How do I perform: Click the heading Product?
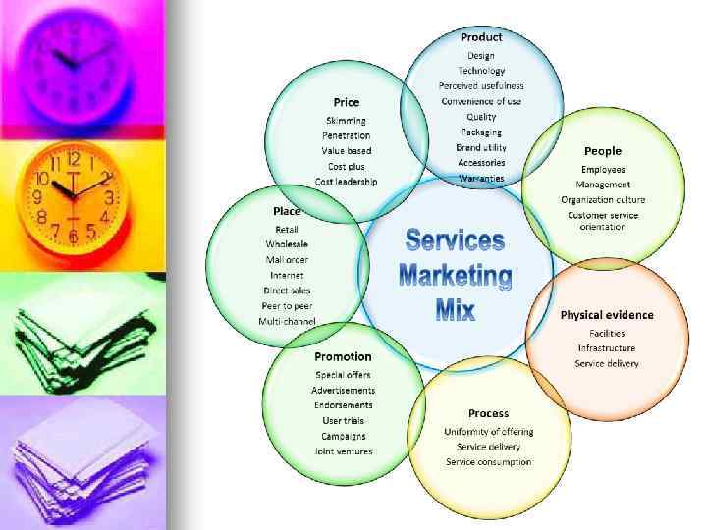tap(481, 37)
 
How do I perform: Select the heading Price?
tap(347, 102)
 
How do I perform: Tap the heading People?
tap(603, 151)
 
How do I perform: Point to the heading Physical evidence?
tap(607, 315)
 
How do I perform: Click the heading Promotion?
tap(343, 356)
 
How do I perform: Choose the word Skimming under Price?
tap(346, 121)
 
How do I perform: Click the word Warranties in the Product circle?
tap(481, 178)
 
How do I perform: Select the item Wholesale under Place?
tap(287, 244)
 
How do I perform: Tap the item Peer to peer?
tap(287, 305)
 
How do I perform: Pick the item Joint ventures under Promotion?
tap(344, 451)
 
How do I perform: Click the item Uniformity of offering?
tap(489, 432)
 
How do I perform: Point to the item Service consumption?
tap(489, 462)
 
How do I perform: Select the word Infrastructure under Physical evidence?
tap(607, 348)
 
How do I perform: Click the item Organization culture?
tap(603, 200)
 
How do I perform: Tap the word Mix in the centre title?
tap(456, 313)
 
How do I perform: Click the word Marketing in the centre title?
tap(456, 277)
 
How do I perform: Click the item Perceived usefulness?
tap(481, 86)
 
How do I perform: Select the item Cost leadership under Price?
tap(346, 182)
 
